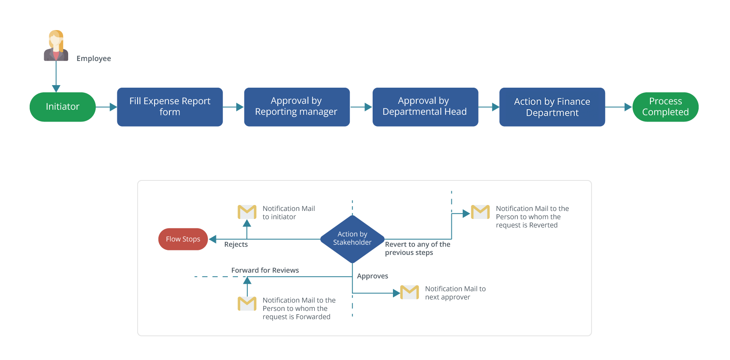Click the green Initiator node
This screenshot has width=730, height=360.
tap(63, 107)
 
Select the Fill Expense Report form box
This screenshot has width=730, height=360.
tap(170, 107)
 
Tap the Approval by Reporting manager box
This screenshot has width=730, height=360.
tap(296, 107)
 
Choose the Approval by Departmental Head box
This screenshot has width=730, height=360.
tap(425, 107)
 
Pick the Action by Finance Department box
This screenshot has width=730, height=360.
tap(552, 107)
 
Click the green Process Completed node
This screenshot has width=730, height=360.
tap(665, 107)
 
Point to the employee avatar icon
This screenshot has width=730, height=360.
tap(56, 46)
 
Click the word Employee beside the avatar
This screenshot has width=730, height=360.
tap(94, 58)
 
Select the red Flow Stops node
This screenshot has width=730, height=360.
tap(183, 239)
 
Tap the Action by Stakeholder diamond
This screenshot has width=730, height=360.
tap(352, 239)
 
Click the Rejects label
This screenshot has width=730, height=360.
tap(236, 244)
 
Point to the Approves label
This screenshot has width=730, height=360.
tap(372, 276)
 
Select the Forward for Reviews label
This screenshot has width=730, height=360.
tap(265, 270)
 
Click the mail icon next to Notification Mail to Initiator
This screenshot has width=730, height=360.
tap(247, 212)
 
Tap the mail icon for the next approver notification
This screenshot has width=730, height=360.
tap(409, 292)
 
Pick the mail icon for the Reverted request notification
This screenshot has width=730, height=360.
tap(480, 212)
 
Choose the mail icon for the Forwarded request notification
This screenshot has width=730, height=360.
tap(247, 303)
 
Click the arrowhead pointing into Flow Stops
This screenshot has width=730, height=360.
tap(213, 239)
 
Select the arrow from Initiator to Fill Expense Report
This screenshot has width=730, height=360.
tap(106, 107)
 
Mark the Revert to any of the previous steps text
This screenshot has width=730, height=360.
tap(417, 249)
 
